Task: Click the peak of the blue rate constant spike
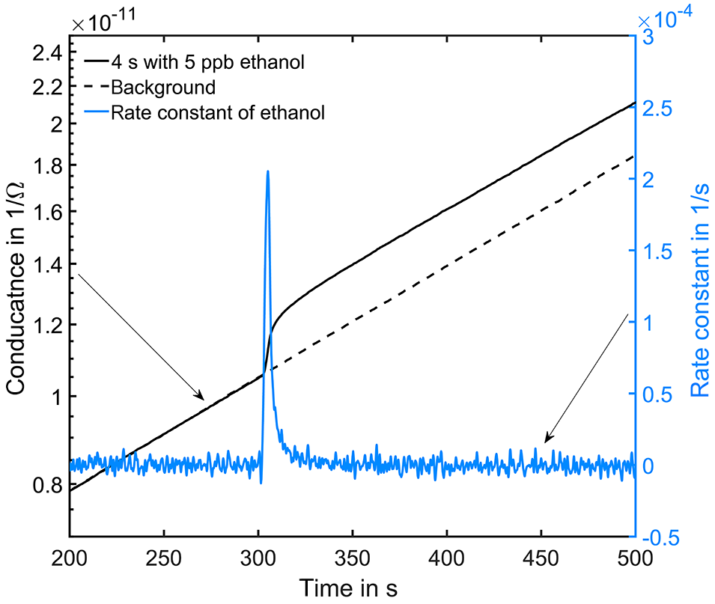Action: coord(267,172)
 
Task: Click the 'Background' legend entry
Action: coord(162,88)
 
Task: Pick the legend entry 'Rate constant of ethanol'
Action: coord(216,113)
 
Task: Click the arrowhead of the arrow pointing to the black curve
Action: coord(202,398)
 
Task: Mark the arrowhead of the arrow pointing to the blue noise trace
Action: coord(547,442)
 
